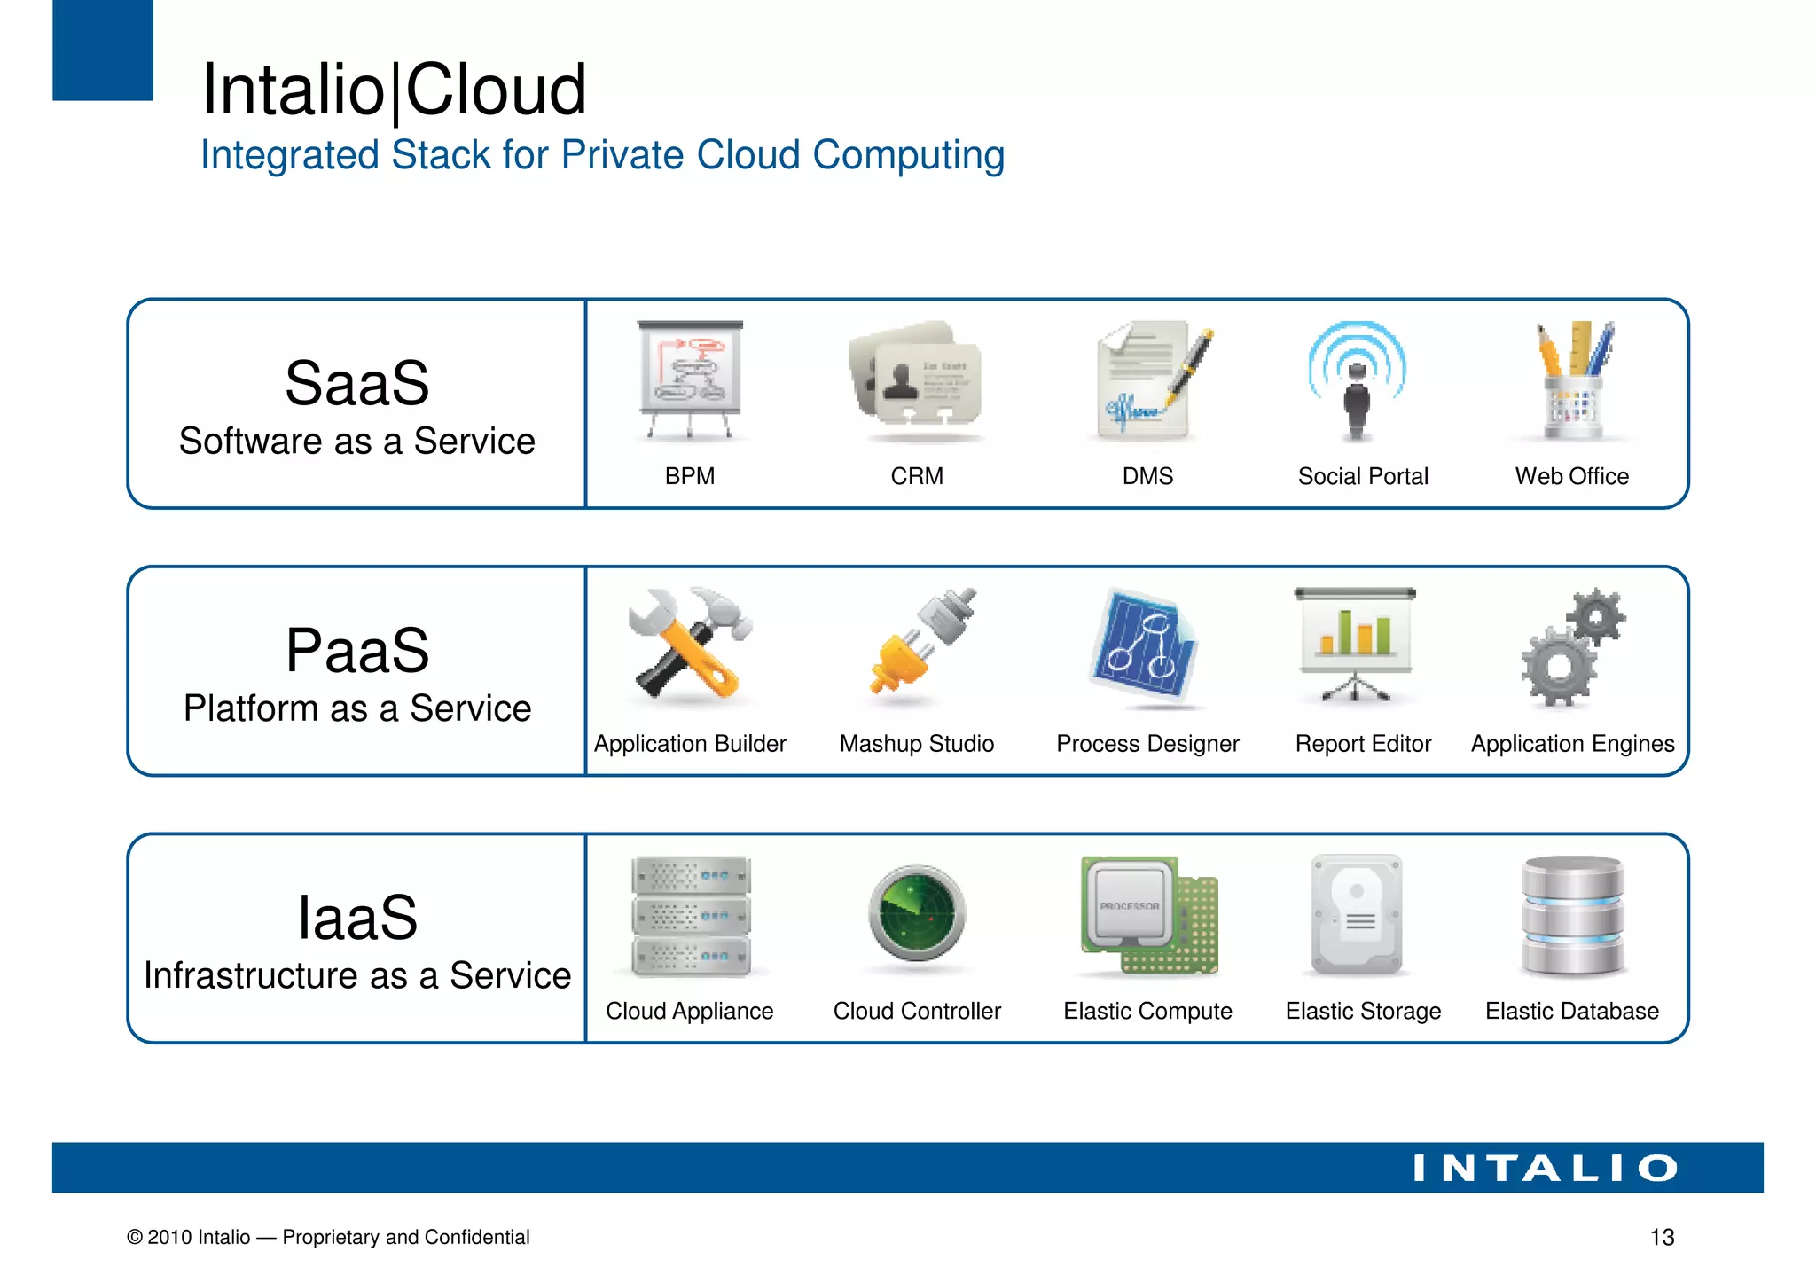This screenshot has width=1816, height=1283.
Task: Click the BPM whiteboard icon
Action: (690, 379)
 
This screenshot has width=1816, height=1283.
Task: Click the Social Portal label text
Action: (1363, 476)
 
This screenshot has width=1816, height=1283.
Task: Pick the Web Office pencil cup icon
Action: (1574, 381)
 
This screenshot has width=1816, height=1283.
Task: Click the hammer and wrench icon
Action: (690, 644)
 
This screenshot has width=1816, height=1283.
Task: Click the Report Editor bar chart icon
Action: (1355, 642)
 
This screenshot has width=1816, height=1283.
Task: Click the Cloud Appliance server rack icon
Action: (690, 916)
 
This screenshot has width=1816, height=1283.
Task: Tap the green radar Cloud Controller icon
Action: (917, 913)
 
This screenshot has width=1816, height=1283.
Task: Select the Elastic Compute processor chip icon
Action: (1147, 915)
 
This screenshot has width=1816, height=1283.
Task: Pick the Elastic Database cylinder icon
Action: (1573, 915)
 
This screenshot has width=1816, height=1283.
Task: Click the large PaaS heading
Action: (357, 650)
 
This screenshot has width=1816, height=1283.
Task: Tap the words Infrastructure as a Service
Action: (357, 975)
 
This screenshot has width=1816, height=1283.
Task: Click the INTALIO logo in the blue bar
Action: (1545, 1168)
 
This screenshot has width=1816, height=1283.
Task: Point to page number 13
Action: (1662, 1237)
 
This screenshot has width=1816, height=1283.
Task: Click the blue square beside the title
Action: (103, 50)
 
